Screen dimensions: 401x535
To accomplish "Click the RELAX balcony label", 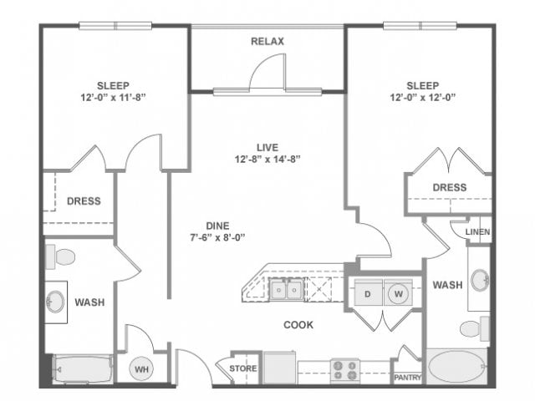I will pyautogui.click(x=267, y=41).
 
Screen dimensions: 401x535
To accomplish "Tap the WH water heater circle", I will pyautogui.click(x=140, y=368).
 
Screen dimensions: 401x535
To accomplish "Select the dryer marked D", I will pyautogui.click(x=367, y=293).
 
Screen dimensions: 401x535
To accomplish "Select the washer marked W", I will pyautogui.click(x=398, y=293).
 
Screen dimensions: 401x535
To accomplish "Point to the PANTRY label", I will pyautogui.click(x=407, y=376).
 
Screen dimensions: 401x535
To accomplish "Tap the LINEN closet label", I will pyautogui.click(x=478, y=231).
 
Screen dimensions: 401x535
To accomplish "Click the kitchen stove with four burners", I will pyautogui.click(x=344, y=368).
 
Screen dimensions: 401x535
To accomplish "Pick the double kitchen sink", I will pyautogui.click(x=286, y=290).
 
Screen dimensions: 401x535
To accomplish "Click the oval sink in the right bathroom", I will pyautogui.click(x=480, y=280).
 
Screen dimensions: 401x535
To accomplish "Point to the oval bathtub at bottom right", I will pyautogui.click(x=456, y=368).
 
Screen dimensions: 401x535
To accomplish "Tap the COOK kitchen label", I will pyautogui.click(x=298, y=324).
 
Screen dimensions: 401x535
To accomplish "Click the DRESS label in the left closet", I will pyautogui.click(x=84, y=200).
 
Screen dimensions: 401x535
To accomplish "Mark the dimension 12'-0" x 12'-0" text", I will pyautogui.click(x=422, y=97).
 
